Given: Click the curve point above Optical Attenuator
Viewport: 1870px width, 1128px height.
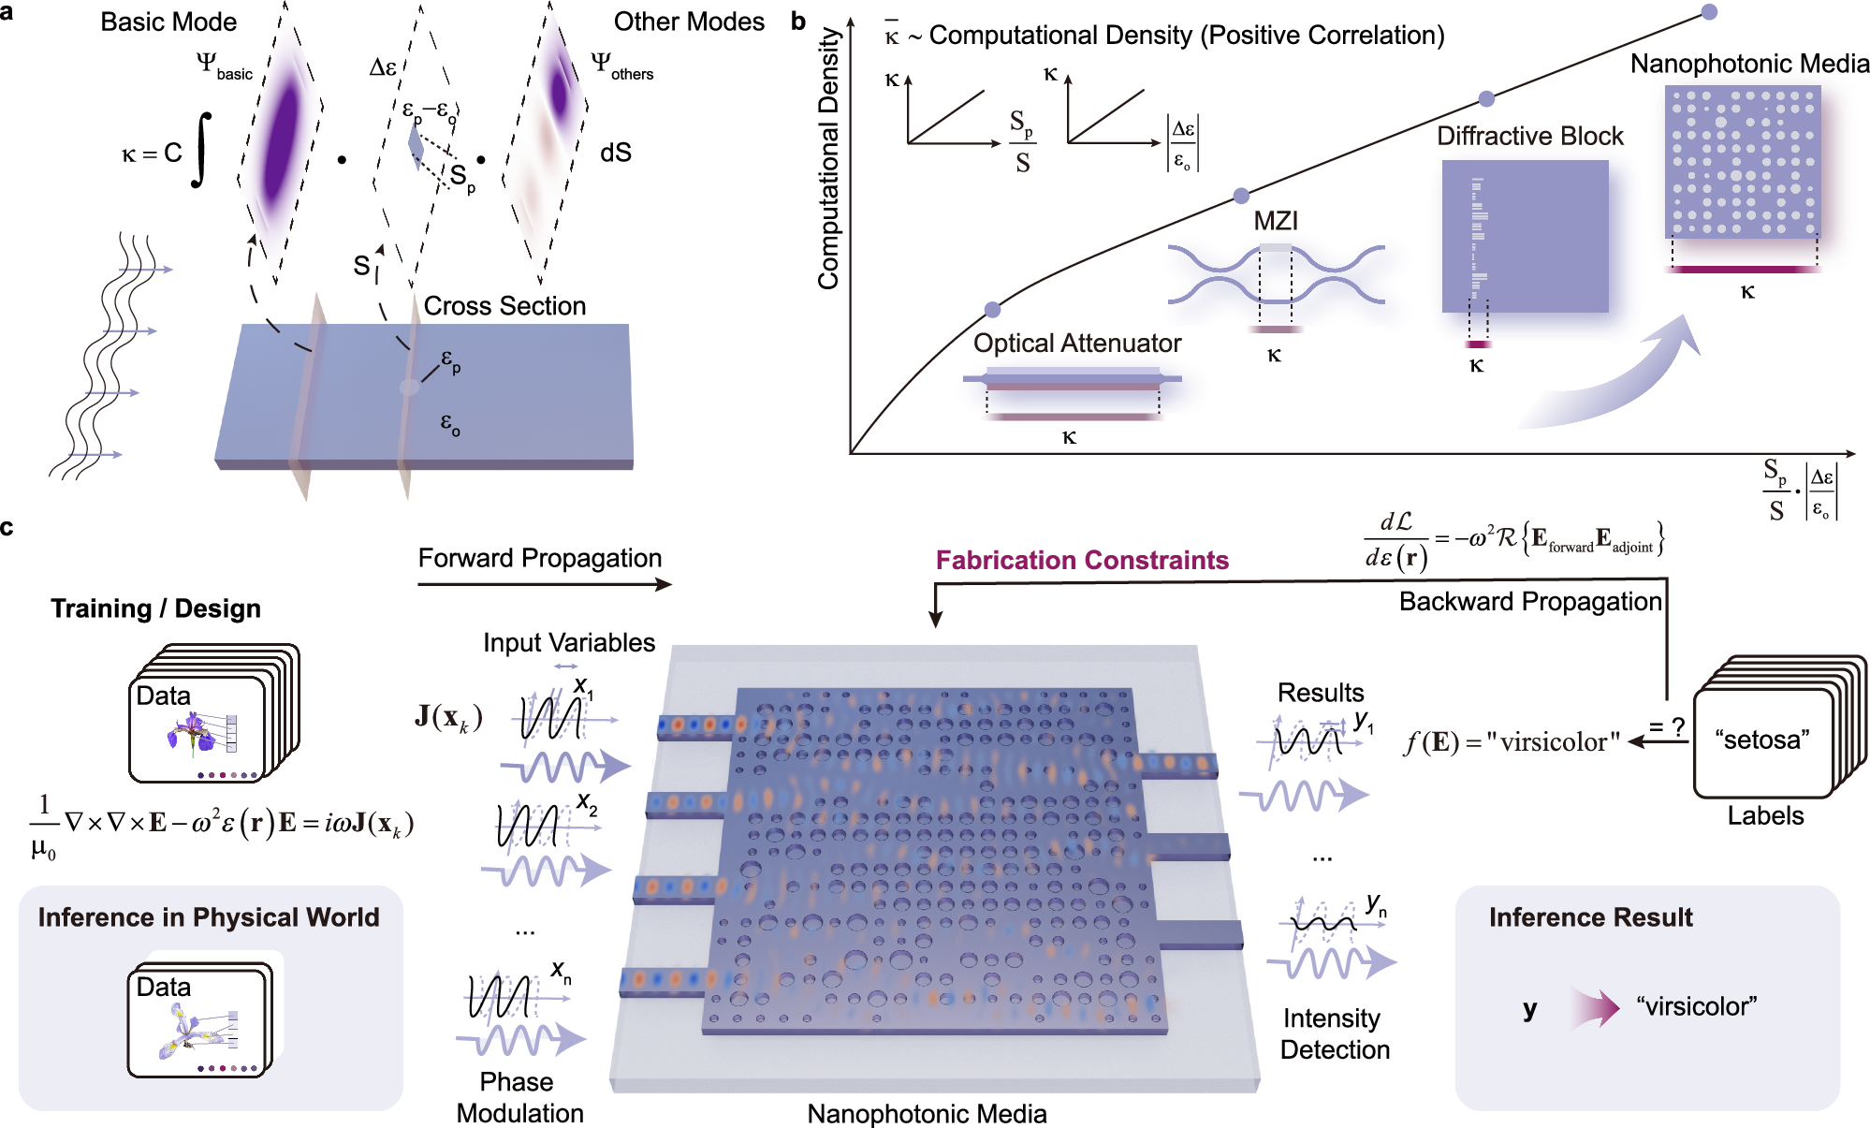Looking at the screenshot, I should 993,310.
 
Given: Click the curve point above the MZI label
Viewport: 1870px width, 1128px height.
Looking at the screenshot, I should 1241,196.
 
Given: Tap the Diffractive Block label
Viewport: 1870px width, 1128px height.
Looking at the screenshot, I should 1529,137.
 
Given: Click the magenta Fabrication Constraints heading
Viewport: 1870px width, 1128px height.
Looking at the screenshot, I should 1082,560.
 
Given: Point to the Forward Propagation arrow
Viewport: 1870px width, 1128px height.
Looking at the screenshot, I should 544,584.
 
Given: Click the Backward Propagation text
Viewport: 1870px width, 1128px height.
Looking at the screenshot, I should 1529,601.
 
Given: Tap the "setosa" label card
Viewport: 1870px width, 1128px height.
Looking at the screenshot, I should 1762,740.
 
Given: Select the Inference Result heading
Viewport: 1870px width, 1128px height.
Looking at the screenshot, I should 1590,917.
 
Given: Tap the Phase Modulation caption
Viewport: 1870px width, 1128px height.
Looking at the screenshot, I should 519,1097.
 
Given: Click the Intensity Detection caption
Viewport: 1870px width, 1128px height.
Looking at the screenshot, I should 1334,1033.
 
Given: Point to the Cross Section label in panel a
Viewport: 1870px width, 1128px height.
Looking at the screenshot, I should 504,306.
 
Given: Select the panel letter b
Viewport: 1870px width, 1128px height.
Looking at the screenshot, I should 797,21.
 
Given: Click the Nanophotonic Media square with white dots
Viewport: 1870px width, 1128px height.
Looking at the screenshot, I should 1743,161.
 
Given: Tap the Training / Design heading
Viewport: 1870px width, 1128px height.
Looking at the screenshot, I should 155,608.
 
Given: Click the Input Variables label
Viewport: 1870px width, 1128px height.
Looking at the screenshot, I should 568,643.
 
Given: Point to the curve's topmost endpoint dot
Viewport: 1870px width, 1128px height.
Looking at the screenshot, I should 1709,12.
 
